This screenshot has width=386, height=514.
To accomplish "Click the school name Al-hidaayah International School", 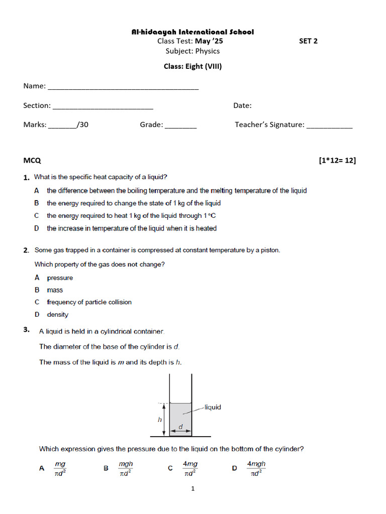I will [192, 32].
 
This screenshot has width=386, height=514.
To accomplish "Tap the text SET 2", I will [308, 41].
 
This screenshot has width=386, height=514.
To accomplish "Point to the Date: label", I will [242, 105].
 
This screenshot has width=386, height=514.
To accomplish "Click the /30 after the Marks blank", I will [83, 124].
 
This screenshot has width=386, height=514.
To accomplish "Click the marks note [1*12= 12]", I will [337, 161].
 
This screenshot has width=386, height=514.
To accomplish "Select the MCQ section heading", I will [32, 161].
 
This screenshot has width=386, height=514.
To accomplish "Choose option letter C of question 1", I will [37, 216].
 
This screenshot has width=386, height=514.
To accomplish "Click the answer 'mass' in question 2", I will [55, 290].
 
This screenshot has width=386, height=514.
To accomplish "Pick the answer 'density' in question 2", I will [57, 315].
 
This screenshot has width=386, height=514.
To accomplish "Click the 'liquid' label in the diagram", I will [213, 407].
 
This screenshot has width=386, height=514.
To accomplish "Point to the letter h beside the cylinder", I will [160, 419].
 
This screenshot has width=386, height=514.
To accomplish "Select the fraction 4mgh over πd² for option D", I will [256, 468].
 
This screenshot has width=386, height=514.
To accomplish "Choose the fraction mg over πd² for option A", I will [60, 468].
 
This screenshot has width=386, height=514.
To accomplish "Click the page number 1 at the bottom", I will [192, 488].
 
